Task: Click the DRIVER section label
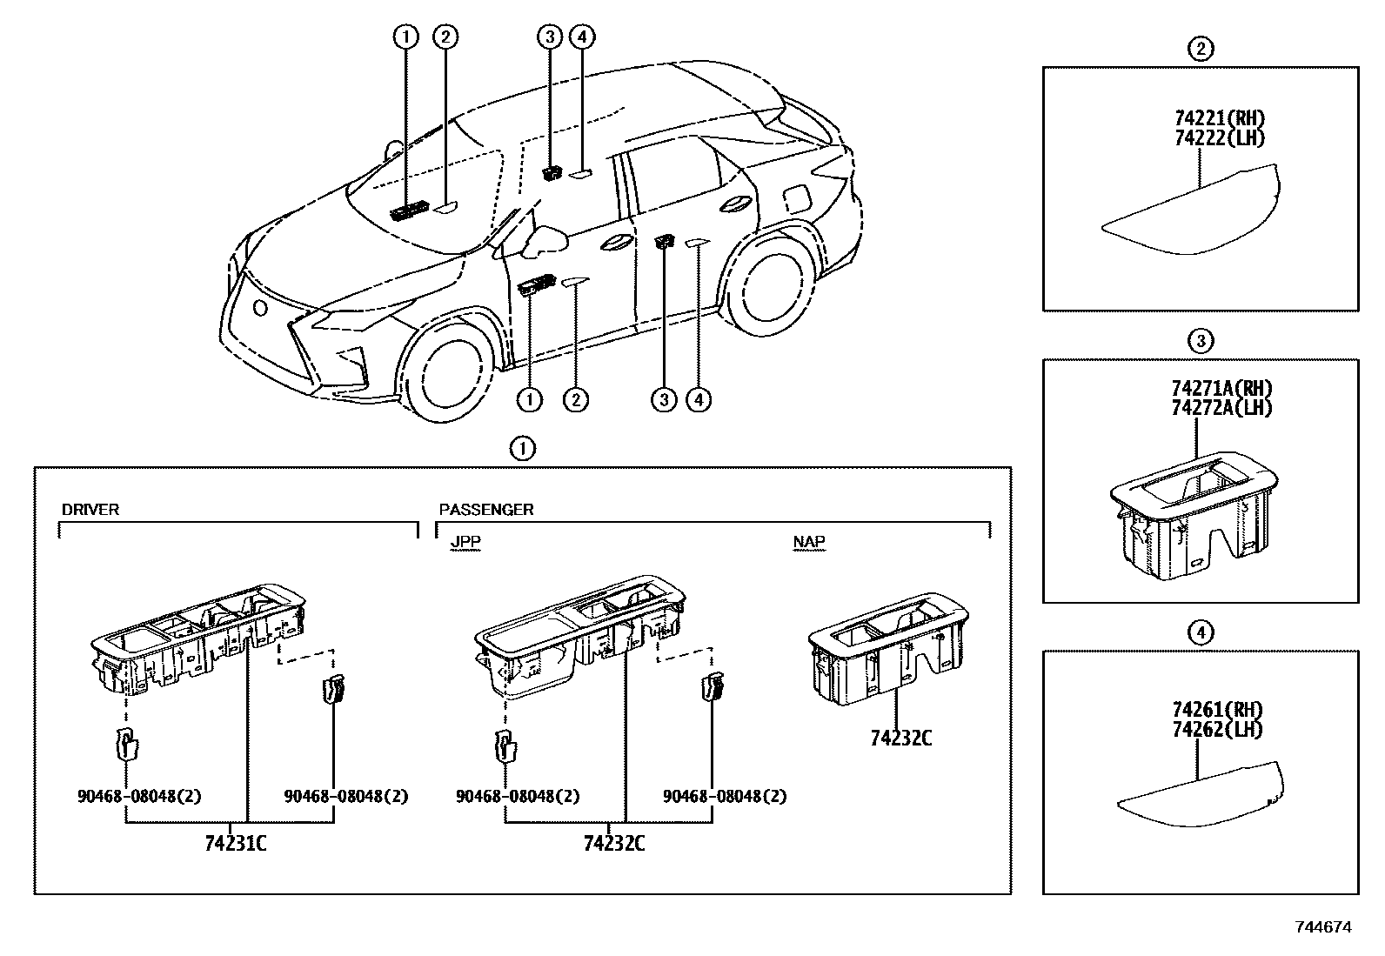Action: click(x=90, y=510)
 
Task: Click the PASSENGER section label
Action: click(x=485, y=510)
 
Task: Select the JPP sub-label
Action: click(x=465, y=542)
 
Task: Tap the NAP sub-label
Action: click(x=809, y=542)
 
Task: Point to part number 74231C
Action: click(x=235, y=843)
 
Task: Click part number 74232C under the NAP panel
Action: click(x=900, y=739)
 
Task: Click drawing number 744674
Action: click(x=1323, y=927)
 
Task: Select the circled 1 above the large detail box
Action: click(x=522, y=449)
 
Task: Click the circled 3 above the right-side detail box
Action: click(x=1201, y=341)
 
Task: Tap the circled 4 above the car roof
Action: click(x=582, y=37)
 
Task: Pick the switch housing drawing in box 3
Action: click(x=1194, y=513)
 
